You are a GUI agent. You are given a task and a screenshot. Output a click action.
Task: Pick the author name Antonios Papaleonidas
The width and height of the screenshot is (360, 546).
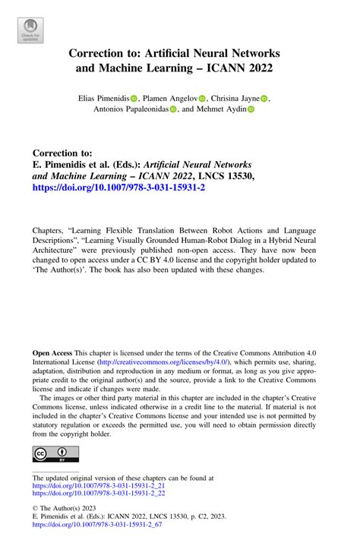click(130, 109)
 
